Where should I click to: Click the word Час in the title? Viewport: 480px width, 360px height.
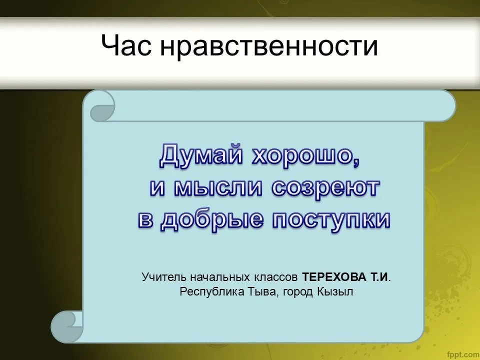[126, 45]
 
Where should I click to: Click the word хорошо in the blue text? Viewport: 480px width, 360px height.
[305, 156]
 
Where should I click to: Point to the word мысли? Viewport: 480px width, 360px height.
[218, 187]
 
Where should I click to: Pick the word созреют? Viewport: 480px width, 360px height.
[325, 188]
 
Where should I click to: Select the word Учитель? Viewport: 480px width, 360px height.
[164, 276]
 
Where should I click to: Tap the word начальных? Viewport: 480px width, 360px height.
[220, 277]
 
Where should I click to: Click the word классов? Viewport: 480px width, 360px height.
[275, 277]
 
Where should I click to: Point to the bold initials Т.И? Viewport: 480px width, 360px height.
[380, 276]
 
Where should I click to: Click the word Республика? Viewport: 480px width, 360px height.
[212, 291]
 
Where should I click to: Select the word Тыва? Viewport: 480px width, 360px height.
[263, 291]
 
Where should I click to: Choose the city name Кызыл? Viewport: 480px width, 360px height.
[335, 291]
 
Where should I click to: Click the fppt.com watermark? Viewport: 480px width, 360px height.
[463, 354]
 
